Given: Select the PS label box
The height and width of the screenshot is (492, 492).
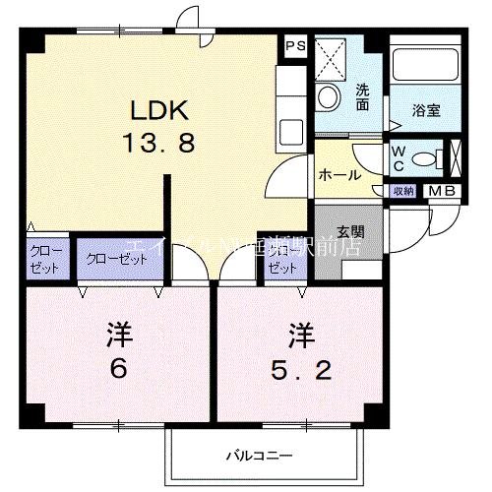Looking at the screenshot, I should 294,45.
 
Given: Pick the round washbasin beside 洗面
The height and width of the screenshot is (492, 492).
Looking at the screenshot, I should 329,96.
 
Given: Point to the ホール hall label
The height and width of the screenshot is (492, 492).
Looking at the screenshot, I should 338,175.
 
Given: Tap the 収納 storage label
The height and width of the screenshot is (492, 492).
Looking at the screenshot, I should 403,191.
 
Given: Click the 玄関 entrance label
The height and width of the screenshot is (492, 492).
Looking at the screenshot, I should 349,232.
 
